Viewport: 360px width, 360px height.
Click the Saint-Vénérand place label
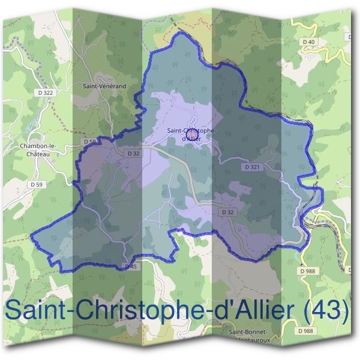(x=104, y=86)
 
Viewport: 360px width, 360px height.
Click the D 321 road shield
(x=251, y=166)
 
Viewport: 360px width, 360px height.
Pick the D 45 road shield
(x=131, y=266)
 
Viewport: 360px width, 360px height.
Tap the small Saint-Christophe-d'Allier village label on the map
(x=191, y=134)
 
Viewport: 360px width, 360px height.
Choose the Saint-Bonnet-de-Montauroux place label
(x=248, y=335)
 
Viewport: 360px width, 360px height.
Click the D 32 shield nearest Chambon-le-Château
(x=133, y=154)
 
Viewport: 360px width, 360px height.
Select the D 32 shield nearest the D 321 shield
(x=227, y=212)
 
